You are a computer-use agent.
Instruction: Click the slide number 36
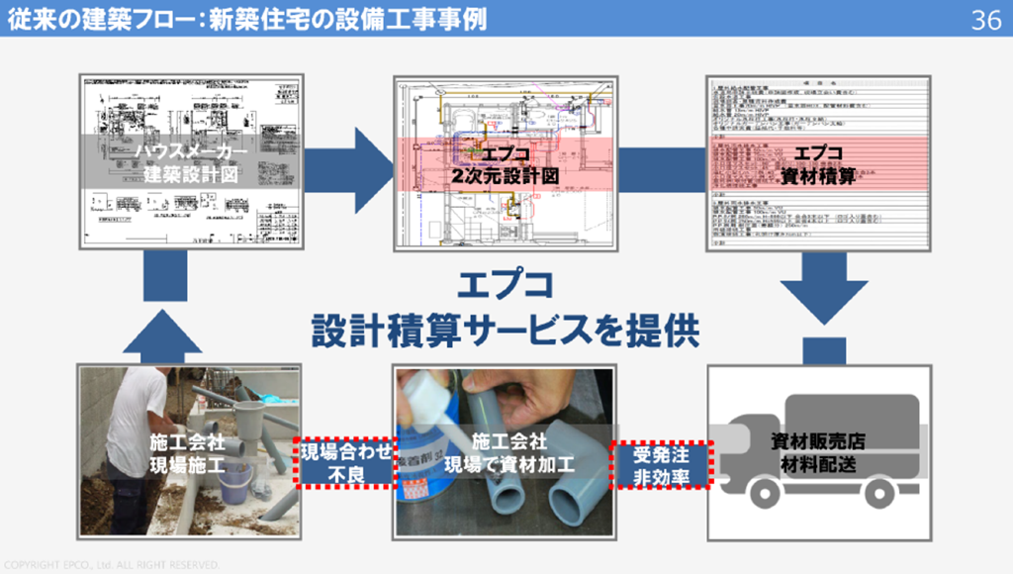(985, 20)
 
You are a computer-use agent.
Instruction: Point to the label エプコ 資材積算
(818, 163)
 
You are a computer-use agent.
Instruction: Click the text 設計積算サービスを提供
(506, 331)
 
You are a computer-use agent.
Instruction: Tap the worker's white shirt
(138, 406)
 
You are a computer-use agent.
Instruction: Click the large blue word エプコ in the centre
(505, 288)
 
